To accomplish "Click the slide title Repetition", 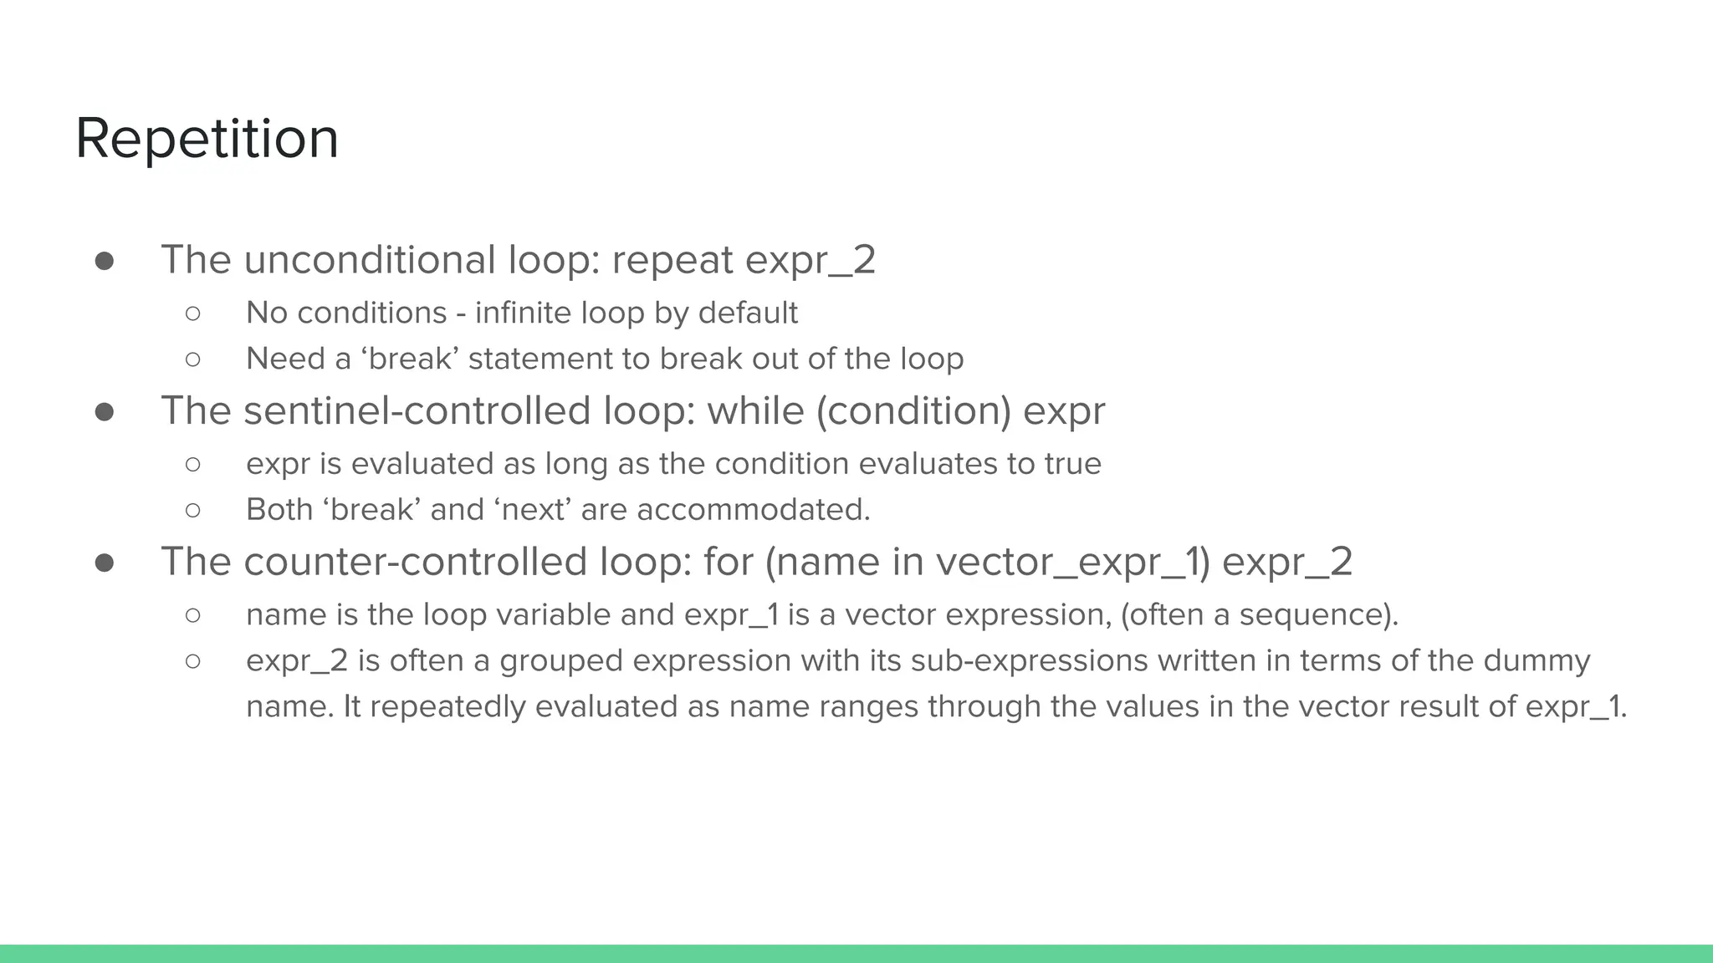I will (207, 139).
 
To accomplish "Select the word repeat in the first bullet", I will (672, 260).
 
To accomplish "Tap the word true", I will (1072, 464).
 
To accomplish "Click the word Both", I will (279, 510).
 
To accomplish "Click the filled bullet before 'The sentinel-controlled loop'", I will (105, 412).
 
